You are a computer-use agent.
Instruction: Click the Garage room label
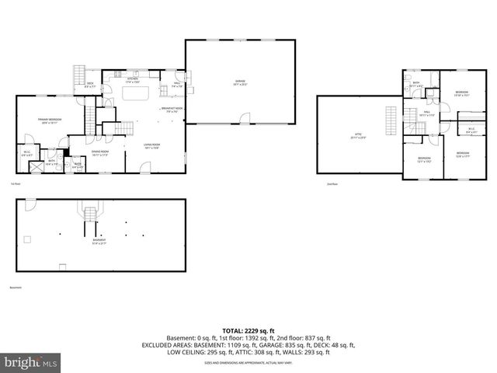240,82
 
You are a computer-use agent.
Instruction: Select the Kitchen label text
132,79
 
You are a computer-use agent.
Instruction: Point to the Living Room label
151,145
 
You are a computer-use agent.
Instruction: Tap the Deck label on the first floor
90,85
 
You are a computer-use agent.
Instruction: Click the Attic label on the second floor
359,135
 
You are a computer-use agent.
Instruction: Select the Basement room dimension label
99,242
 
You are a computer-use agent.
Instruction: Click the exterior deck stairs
78,76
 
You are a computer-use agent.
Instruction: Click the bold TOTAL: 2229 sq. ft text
248,329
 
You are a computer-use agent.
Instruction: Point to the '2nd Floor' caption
332,184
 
